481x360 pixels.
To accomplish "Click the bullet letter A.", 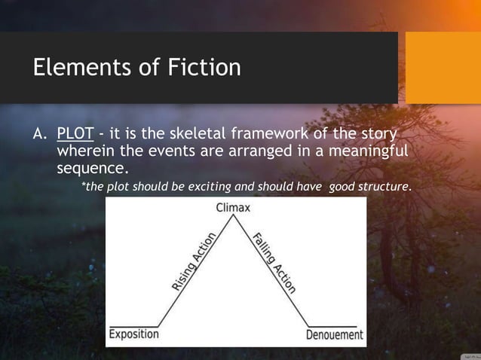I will [40, 135].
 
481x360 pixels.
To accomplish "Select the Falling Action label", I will [274, 263].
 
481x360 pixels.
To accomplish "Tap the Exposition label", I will [134, 334].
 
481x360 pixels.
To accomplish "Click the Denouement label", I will [335, 334].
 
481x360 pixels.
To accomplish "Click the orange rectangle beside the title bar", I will [443, 68].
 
